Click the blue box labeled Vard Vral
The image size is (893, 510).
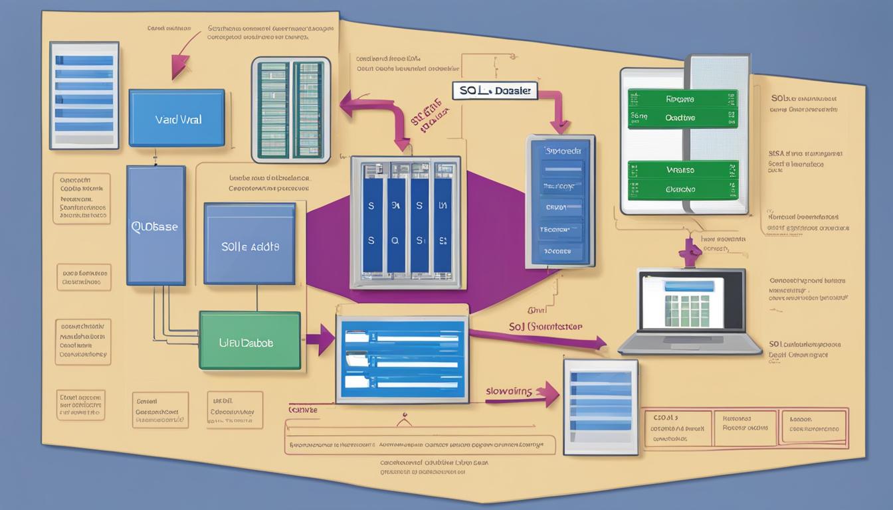[177, 118]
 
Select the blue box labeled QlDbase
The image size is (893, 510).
[155, 225]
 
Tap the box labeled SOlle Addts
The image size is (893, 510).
[249, 244]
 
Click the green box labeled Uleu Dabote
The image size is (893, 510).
[249, 341]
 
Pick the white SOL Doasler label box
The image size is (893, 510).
[495, 91]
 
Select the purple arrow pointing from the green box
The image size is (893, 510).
[320, 339]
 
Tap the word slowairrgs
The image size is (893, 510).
[509, 391]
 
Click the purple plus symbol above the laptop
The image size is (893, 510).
[691, 250]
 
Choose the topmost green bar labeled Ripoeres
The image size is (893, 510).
[682, 99]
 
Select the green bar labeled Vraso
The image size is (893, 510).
[682, 169]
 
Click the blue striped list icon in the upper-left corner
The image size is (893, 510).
[84, 95]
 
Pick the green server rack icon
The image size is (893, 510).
[290, 110]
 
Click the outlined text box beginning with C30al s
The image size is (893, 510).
[677, 428]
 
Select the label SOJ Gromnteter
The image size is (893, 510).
[545, 326]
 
